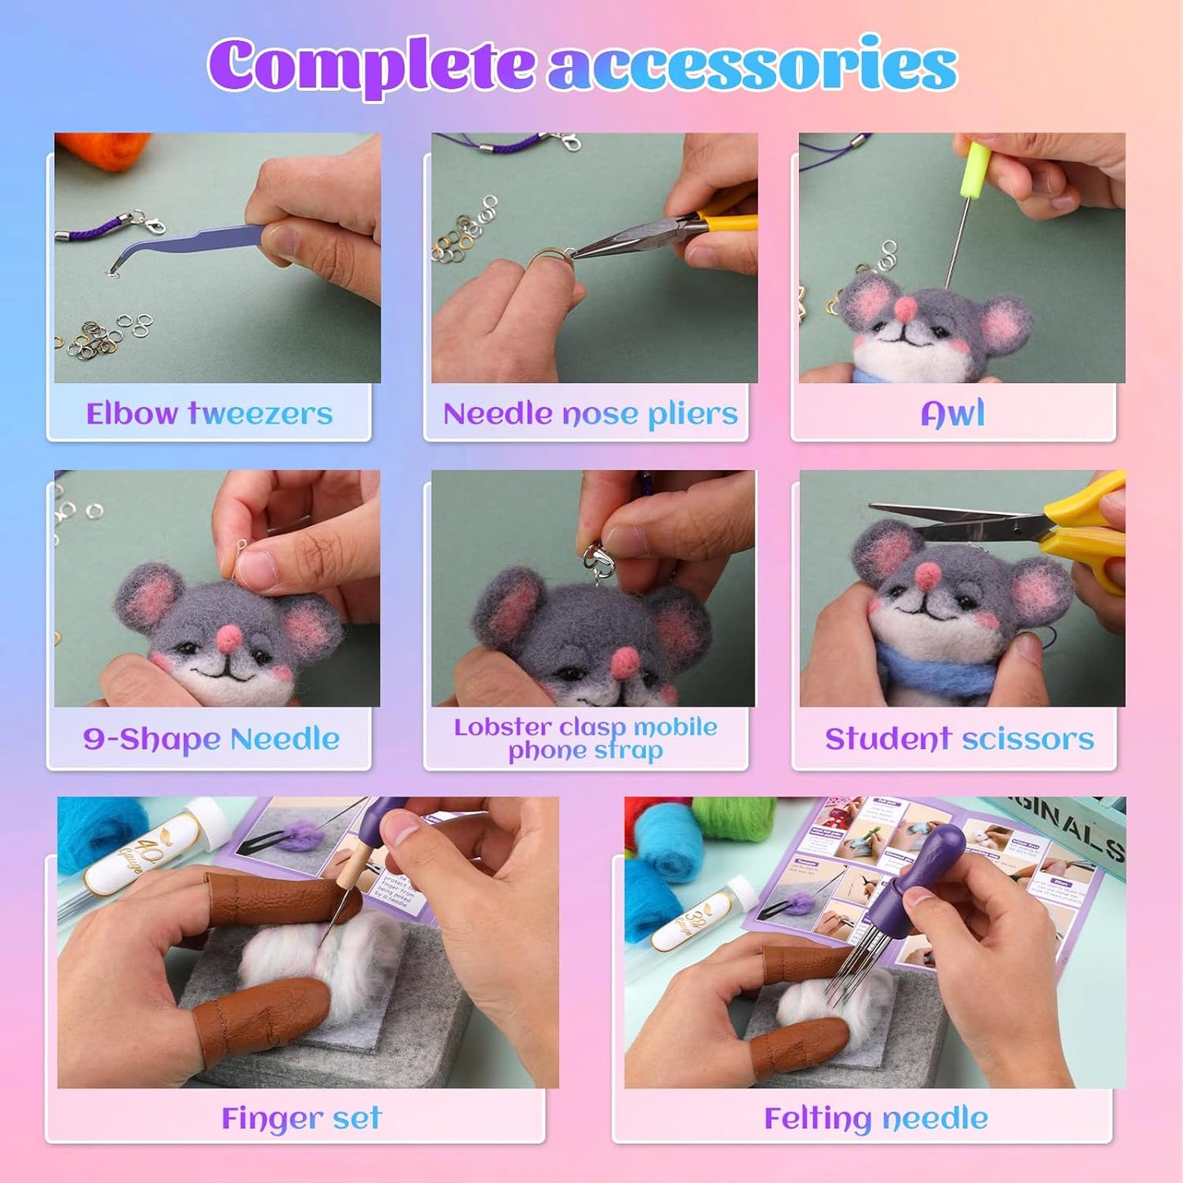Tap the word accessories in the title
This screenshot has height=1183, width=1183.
752,65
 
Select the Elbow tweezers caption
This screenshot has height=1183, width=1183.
210,413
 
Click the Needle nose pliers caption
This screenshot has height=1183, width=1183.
590,413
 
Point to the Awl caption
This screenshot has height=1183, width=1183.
953,413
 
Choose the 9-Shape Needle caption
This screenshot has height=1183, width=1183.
211,738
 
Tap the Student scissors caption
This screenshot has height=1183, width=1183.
959,738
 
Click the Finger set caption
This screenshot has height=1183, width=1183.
301,1118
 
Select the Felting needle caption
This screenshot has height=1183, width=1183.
875,1118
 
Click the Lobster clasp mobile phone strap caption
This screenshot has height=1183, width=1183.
585,738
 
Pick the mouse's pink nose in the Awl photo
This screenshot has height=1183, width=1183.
905,308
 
